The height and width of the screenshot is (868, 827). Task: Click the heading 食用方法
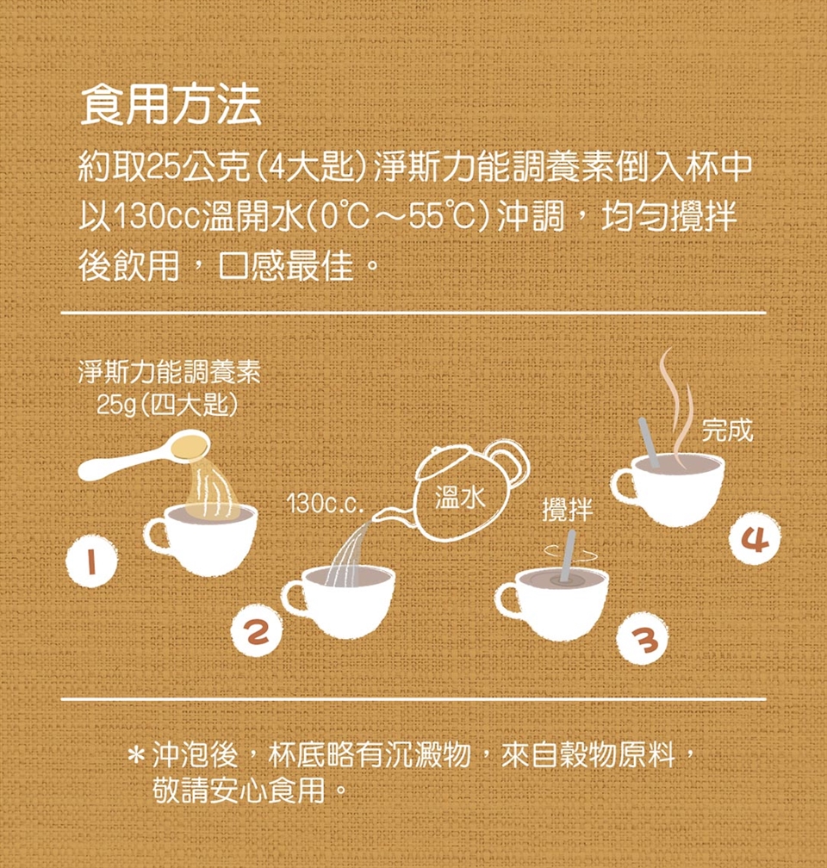pos(171,105)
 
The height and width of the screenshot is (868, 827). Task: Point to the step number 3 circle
pos(644,638)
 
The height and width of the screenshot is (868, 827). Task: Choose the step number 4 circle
pos(755,537)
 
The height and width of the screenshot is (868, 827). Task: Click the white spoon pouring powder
pos(143,455)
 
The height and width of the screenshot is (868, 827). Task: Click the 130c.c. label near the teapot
pos(325,504)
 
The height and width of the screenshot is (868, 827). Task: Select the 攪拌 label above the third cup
pos(567,509)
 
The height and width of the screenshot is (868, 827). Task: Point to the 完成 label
pos(727,430)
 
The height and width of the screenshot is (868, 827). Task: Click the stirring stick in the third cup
pos(566,555)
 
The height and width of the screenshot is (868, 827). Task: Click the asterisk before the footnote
pos(136,756)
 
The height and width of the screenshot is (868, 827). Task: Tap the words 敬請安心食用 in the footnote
pos(239,790)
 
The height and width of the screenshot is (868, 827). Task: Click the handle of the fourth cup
pos(624,485)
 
